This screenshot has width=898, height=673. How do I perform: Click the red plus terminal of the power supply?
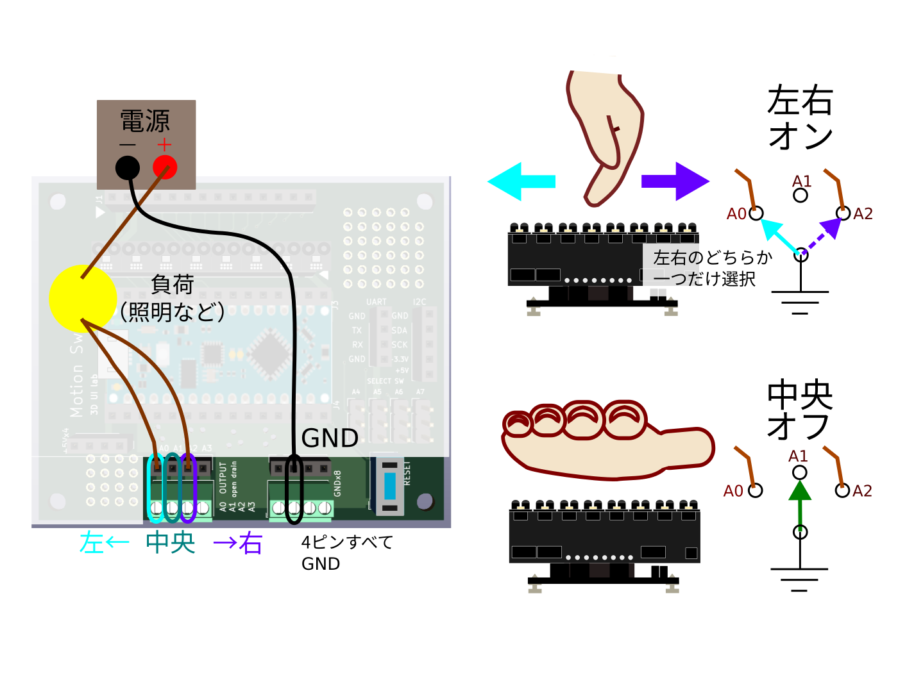[165, 167]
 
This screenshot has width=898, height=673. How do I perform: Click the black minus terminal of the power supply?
[128, 168]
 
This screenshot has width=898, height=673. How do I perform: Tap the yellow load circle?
[82, 298]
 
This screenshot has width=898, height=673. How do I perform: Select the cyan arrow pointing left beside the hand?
[521, 181]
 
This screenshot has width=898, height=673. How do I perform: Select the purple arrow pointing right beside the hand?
[675, 181]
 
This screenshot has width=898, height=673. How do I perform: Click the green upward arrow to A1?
[799, 504]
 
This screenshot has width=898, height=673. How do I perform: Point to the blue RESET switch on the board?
[390, 485]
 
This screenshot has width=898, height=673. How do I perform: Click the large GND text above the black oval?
[330, 438]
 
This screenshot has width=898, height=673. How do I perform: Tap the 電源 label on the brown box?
[145, 121]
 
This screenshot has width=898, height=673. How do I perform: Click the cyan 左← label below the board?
[104, 543]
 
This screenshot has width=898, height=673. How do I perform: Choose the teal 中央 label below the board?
[170, 542]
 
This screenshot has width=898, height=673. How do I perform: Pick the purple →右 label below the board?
[238, 544]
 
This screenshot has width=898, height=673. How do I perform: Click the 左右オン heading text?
[800, 118]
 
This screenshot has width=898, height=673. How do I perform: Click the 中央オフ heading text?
[800, 410]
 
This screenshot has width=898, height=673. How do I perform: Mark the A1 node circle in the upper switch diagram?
[801, 195]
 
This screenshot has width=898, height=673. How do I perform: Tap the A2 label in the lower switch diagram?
[862, 491]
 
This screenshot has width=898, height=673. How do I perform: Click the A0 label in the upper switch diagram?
[736, 214]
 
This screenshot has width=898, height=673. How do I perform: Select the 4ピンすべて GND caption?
[346, 553]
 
